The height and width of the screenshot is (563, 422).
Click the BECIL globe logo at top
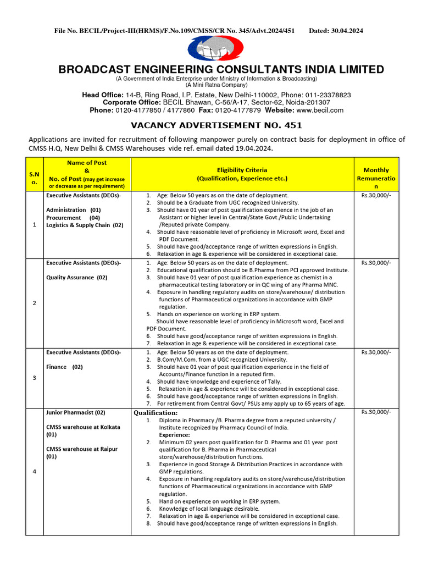pos(210,48)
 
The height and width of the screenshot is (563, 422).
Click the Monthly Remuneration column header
pos(376,174)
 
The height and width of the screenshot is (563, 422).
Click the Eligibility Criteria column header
pos(242,174)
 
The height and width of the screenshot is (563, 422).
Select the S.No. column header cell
pos(34,174)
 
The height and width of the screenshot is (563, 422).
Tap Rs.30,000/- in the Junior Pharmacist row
pos(376,412)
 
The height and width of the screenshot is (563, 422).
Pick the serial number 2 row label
pos(34,303)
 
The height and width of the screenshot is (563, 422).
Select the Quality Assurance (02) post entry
pos(77,278)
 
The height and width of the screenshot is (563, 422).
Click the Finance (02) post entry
pos(64,367)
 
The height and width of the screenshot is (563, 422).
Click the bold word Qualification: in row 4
pos(156,413)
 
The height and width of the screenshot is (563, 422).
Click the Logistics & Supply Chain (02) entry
pos(85,225)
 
